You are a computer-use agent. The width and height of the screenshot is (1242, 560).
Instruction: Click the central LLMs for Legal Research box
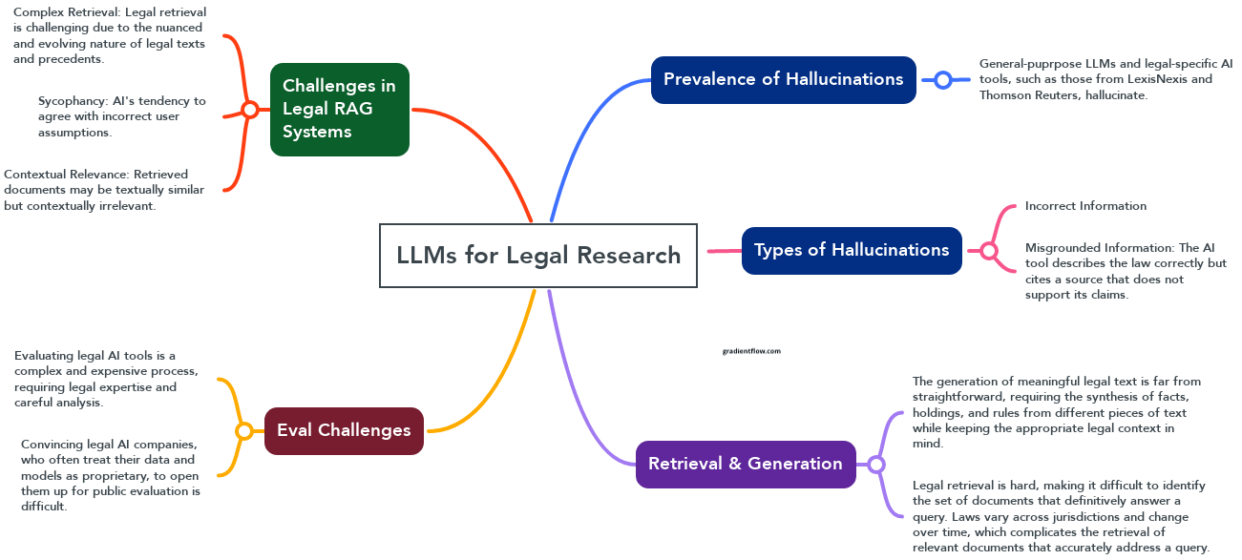point(538,256)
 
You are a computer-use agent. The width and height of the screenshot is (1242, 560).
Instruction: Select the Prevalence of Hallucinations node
point(783,80)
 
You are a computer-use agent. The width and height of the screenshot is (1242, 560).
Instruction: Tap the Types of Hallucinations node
point(852,251)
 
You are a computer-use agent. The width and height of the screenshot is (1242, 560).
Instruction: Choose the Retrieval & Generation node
point(746,465)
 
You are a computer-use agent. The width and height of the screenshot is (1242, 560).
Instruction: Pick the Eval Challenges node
point(344,431)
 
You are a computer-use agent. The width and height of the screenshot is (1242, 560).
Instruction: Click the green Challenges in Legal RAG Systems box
point(339,110)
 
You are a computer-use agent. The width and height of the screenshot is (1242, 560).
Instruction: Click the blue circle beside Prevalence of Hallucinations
point(943,80)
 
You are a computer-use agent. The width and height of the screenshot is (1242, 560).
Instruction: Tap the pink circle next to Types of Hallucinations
point(989,251)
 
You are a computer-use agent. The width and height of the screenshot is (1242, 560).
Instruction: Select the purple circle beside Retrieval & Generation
point(876,465)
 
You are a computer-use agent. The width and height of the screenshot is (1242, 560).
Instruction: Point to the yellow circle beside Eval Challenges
point(244,431)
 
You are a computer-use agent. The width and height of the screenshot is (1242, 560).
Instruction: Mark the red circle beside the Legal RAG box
point(250,110)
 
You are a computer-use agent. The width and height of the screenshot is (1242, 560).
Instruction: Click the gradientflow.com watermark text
point(751,351)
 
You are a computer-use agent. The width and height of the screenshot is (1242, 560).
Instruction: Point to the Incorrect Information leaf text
point(1085,206)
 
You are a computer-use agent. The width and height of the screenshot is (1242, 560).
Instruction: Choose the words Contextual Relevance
point(65,175)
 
